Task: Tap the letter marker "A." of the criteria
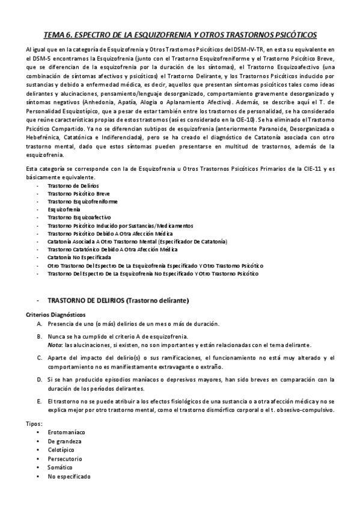coord(39,324)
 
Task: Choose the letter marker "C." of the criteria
coord(39,358)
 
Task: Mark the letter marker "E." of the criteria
coord(39,400)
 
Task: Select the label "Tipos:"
coord(34,424)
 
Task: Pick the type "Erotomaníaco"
coord(66,432)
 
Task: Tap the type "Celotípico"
coord(62,449)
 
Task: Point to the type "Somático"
coord(61,467)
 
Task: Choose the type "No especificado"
coord(69,476)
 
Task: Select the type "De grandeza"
coord(64,441)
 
